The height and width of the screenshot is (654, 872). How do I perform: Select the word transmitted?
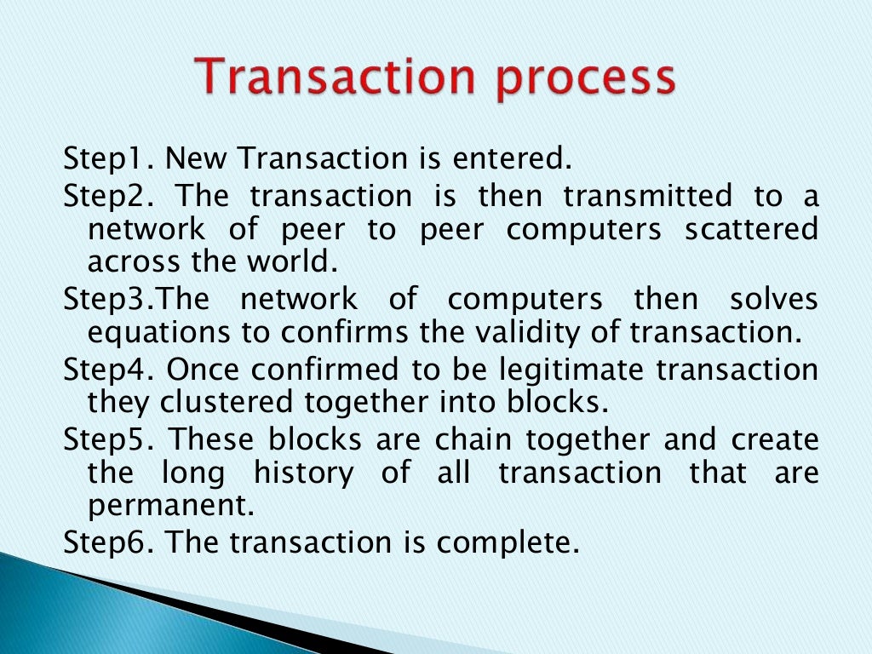647,197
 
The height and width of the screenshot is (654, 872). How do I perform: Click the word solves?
773,299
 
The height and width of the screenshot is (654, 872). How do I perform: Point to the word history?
303,473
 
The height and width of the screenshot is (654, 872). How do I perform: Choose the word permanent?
171,507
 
